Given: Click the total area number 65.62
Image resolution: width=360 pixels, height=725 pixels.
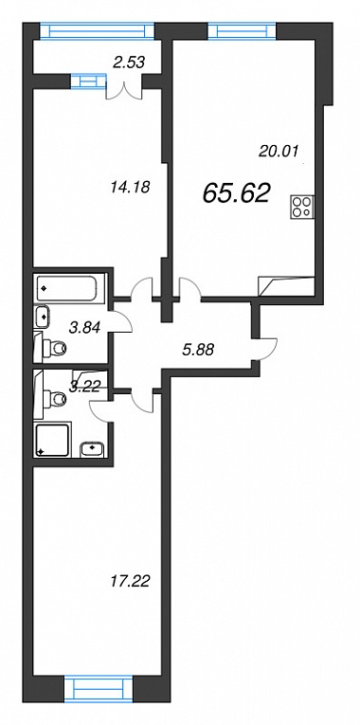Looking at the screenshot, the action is point(236,192).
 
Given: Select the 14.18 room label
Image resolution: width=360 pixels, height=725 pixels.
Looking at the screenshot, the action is point(131,188).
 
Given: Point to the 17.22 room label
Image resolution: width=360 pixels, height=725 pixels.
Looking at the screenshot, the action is point(131,581).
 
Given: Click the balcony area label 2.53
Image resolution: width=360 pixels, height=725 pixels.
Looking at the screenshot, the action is point(130,62).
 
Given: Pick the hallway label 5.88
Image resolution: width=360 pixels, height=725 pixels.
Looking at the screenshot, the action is point(198,351).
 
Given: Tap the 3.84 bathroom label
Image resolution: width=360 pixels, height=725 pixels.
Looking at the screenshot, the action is point(84,327).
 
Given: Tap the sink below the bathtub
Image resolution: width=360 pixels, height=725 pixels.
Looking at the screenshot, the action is point(43,317).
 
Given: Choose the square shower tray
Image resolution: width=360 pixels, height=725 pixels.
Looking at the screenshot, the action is point(53,439).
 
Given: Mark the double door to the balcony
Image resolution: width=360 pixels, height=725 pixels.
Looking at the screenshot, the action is point(124,89).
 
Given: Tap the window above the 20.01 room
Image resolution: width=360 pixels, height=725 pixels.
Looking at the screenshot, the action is point(242,31).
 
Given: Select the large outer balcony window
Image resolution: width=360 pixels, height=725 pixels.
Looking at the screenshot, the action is point(96,31).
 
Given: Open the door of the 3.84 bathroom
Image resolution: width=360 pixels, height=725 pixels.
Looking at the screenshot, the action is point(121,321).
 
